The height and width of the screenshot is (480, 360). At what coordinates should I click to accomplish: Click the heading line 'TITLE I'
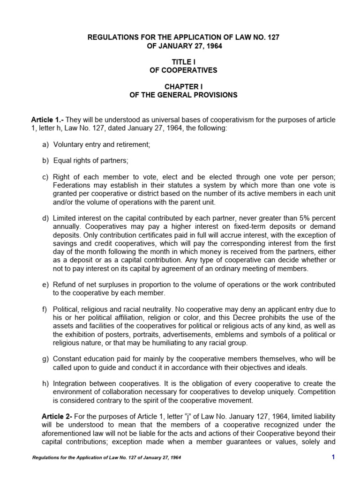click(183, 62)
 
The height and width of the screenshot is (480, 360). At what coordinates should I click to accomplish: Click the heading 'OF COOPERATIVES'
click(183, 70)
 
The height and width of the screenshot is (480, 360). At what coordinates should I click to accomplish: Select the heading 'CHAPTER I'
click(183, 87)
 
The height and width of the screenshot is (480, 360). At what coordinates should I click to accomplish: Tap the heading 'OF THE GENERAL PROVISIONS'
click(183, 96)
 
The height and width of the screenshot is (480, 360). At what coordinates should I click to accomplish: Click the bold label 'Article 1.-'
click(46, 120)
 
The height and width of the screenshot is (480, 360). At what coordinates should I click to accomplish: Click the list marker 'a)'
click(45, 144)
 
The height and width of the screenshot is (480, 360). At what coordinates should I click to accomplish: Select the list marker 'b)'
click(45, 161)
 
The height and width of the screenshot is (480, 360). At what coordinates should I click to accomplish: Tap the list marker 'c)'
click(45, 177)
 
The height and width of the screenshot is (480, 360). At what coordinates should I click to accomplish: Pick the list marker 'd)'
click(45, 219)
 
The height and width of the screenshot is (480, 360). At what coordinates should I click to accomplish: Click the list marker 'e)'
click(45, 285)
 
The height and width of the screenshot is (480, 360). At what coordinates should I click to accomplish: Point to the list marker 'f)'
click(45, 309)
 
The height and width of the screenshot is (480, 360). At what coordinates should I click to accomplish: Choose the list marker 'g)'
click(45, 359)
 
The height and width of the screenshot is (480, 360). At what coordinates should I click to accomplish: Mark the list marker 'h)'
click(45, 384)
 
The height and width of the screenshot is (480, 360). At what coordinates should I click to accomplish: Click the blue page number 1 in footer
click(333, 457)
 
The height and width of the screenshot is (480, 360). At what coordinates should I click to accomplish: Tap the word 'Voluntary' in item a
click(68, 144)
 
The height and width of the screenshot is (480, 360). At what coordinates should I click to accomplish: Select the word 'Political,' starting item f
click(67, 309)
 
